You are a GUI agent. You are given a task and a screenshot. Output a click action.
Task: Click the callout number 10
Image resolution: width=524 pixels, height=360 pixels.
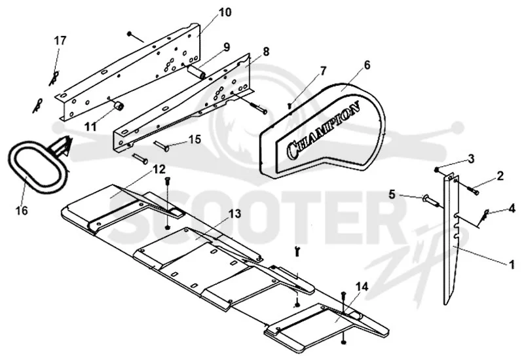pos(225,12)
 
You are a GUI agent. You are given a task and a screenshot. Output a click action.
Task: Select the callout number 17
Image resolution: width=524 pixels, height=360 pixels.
pos(60,41)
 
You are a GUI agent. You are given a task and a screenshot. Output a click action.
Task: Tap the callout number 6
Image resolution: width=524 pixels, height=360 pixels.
pos(367,65)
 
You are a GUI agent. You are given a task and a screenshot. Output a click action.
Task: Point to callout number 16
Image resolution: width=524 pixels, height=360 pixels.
pos(22,211)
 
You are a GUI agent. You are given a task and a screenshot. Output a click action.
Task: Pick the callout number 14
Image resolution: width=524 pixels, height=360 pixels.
pos(362,287)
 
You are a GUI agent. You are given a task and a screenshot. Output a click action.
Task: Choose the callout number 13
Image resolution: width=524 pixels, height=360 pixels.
pos(235,213)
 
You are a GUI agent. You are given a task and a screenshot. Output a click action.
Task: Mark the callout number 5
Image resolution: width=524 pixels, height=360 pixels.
pos(392,194)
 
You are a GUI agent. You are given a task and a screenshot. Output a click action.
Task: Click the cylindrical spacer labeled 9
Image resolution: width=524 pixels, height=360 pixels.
pos(197,72)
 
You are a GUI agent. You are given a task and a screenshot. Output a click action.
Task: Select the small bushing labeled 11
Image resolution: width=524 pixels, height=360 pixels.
pos(119,105)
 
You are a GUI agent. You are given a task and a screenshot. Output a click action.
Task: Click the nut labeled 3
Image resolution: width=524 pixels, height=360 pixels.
pos(436,170)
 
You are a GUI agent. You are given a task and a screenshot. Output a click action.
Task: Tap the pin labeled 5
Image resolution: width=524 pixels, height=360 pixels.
pos(430,200)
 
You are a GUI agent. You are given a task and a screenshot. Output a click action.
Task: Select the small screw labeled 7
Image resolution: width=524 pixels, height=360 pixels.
pos(290,106)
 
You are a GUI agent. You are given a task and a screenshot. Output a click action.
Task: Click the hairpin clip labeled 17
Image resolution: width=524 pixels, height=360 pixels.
pos(54,78)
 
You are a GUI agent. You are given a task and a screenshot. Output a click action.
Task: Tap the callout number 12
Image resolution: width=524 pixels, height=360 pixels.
pos(159,170)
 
